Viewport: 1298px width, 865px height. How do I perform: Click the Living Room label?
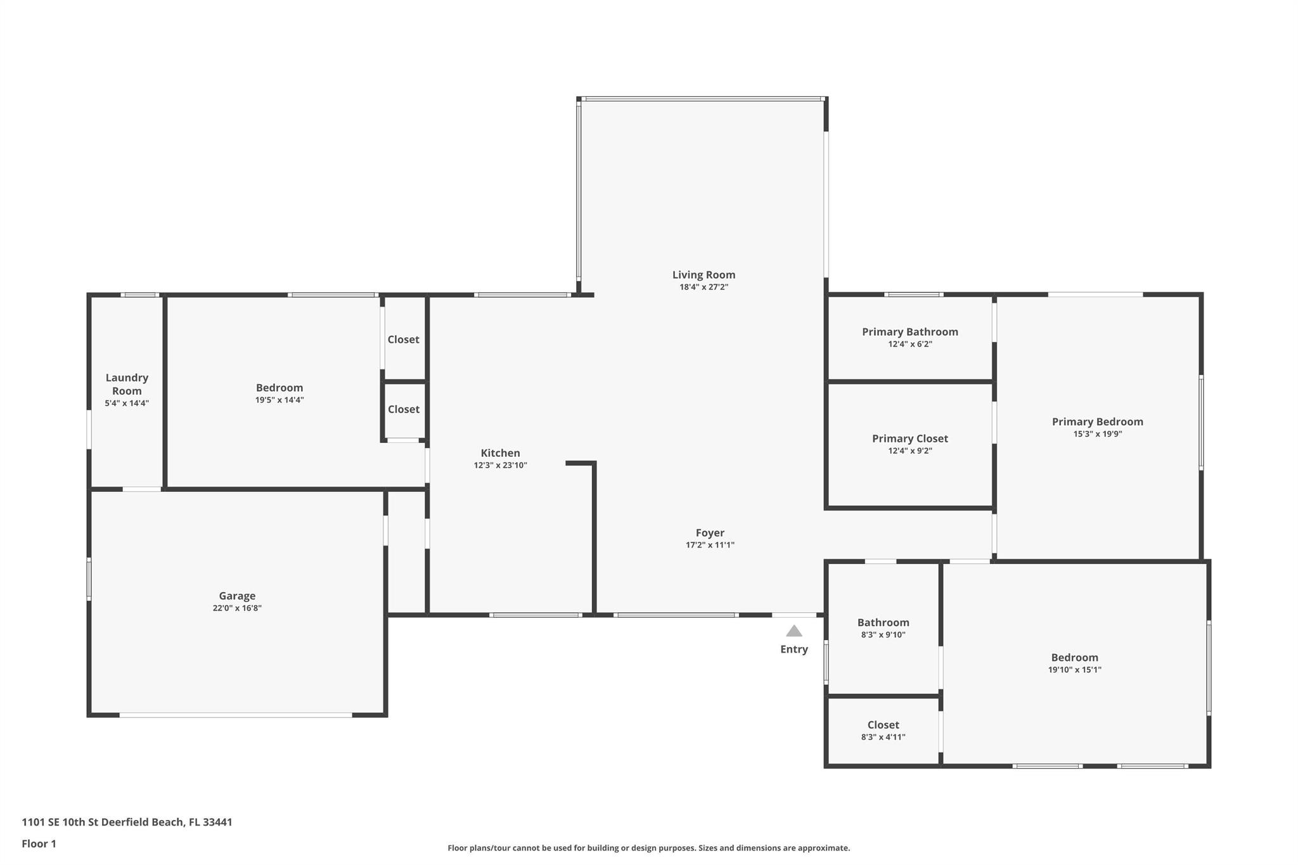704,274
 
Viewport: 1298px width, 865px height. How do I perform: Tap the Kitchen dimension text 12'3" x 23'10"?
500,465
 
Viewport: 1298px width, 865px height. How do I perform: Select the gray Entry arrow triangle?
794,631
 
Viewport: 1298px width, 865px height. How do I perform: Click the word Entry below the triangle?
794,649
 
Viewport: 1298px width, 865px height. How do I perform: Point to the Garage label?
237,596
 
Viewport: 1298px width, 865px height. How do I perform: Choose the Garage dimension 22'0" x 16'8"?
237,608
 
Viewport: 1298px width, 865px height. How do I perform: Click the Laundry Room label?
127,384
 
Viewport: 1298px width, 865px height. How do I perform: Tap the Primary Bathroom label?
910,331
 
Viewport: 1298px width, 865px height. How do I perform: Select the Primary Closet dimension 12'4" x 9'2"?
910,451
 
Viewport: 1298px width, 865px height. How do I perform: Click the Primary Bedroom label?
1098,421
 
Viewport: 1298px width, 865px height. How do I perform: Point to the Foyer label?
710,533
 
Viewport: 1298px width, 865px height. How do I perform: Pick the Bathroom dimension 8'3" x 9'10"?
883,635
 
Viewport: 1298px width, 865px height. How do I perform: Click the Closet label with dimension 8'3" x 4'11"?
883,725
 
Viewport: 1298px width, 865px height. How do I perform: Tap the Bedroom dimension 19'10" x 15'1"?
1075,670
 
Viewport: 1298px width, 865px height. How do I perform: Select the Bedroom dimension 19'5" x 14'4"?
280,400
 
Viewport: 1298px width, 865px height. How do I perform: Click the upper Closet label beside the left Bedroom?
404,340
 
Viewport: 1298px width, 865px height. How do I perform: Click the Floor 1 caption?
39,843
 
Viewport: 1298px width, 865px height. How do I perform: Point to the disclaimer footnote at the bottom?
648,848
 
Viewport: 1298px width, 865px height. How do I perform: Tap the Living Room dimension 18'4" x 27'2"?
704,287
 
